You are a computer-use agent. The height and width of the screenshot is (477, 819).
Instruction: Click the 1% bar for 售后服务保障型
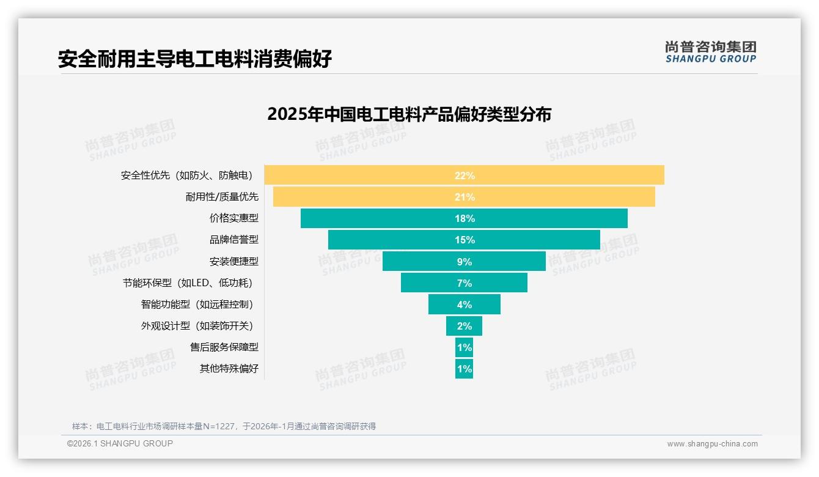point(464,347)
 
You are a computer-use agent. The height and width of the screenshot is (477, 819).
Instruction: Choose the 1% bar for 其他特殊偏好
point(464,369)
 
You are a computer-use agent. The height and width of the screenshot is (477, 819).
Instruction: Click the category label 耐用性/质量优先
point(222,197)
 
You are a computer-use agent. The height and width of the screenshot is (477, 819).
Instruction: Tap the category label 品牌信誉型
point(234,240)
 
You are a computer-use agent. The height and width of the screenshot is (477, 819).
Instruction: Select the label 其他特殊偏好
point(229,369)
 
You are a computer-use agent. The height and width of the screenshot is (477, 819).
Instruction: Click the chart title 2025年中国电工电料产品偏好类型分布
point(409,114)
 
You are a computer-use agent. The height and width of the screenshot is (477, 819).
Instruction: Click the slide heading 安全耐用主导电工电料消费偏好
point(195,59)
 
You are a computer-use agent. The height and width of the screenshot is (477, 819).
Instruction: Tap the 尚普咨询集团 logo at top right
point(710,52)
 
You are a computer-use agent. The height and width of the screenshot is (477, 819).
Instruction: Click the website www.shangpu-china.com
point(712,444)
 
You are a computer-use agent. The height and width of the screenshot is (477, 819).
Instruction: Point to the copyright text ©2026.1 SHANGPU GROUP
point(120,443)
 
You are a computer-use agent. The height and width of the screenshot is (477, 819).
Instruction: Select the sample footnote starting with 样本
point(224,426)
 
